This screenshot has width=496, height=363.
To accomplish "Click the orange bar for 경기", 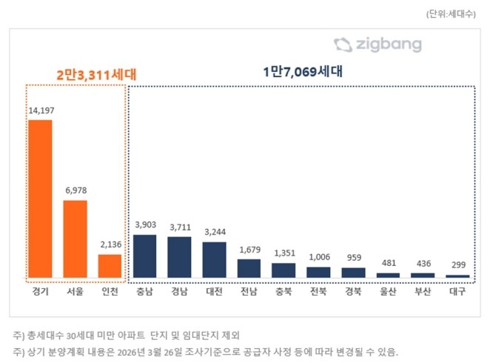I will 40,199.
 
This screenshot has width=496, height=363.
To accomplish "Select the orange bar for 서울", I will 75,239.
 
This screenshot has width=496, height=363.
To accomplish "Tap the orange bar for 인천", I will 110,266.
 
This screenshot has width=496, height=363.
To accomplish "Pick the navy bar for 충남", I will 144,256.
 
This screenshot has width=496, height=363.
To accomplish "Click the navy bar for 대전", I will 214,259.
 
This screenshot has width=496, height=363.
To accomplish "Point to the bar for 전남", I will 249,268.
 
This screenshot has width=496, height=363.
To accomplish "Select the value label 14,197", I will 41,111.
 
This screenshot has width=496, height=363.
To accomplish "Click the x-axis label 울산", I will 388,291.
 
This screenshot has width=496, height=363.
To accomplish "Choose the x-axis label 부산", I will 423,291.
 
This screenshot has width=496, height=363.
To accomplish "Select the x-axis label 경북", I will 353,291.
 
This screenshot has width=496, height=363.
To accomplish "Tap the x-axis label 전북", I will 318,291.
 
